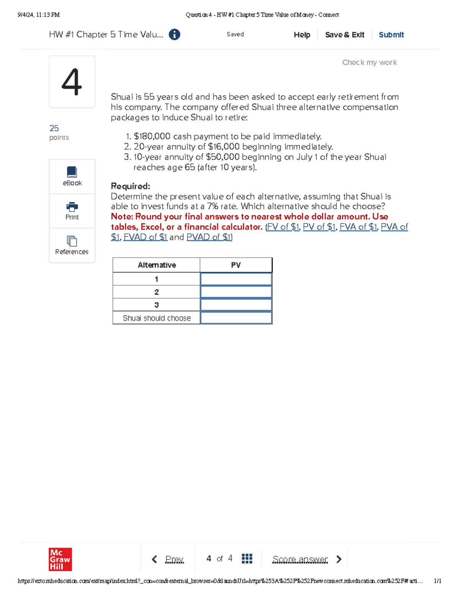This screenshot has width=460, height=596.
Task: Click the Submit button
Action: [x=391, y=35]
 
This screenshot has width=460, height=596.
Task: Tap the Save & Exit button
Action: [x=344, y=35]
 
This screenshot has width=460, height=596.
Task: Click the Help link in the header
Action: [x=302, y=35]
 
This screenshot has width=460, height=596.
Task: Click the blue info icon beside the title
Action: [x=174, y=35]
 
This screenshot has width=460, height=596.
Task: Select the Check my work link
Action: [x=369, y=63]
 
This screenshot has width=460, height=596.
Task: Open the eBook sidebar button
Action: [x=72, y=177]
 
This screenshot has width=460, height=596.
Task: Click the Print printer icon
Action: [x=72, y=207]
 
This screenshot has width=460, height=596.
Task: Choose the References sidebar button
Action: [x=72, y=246]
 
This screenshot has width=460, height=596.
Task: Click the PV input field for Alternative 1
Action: [x=236, y=279]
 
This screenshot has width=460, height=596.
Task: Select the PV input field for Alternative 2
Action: [x=236, y=292]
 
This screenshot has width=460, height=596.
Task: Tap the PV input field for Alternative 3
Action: [x=236, y=305]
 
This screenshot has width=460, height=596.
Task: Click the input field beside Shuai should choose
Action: [x=236, y=318]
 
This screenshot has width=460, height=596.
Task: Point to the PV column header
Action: [x=236, y=265]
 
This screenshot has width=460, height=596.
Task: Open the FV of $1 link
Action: [x=283, y=227]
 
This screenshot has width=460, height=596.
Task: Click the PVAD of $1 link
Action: [x=209, y=237]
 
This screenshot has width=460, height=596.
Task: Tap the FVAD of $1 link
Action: [x=145, y=237]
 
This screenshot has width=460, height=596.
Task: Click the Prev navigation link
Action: [x=174, y=559]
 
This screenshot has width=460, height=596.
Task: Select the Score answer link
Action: [x=300, y=559]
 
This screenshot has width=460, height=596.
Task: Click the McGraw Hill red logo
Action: [x=60, y=559]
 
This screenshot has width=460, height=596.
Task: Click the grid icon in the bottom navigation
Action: [x=247, y=559]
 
